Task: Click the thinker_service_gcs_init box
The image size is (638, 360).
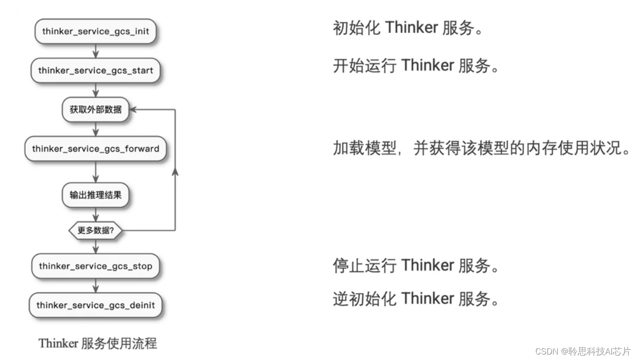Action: click(95, 31)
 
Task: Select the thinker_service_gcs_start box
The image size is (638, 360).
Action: click(95, 70)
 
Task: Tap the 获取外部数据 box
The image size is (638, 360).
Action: click(95, 110)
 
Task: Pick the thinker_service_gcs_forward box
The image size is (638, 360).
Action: click(95, 149)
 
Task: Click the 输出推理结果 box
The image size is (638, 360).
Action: click(95, 195)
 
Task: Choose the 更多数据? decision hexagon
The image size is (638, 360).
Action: click(95, 231)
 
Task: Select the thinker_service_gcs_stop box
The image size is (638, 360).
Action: click(95, 266)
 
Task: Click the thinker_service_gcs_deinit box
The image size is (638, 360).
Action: click(95, 305)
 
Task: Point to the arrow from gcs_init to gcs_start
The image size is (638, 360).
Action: click(95, 51)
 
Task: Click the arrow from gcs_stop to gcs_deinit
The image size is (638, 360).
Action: click(95, 286)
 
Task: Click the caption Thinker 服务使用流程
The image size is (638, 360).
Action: click(98, 343)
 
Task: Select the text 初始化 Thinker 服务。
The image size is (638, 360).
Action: click(408, 28)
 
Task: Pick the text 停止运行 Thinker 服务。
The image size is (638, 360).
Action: click(416, 266)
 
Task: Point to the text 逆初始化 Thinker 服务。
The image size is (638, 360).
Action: click(416, 299)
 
